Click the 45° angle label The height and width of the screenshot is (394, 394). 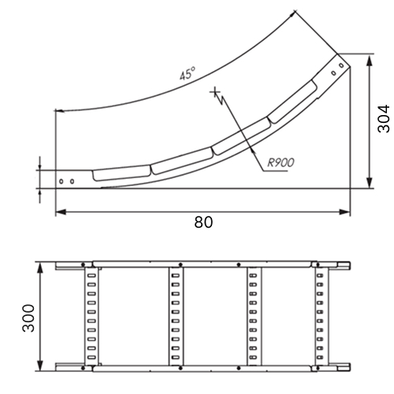[x=188, y=73]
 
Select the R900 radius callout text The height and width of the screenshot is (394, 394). [x=281, y=162]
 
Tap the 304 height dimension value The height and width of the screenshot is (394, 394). [x=383, y=119]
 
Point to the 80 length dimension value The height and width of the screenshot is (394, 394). [x=203, y=222]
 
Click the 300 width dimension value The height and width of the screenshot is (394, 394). [x=28, y=318]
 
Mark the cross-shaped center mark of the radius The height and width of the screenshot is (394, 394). [x=215, y=92]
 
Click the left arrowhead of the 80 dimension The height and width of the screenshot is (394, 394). [x=61, y=212]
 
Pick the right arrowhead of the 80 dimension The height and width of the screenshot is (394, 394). [x=345, y=212]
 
